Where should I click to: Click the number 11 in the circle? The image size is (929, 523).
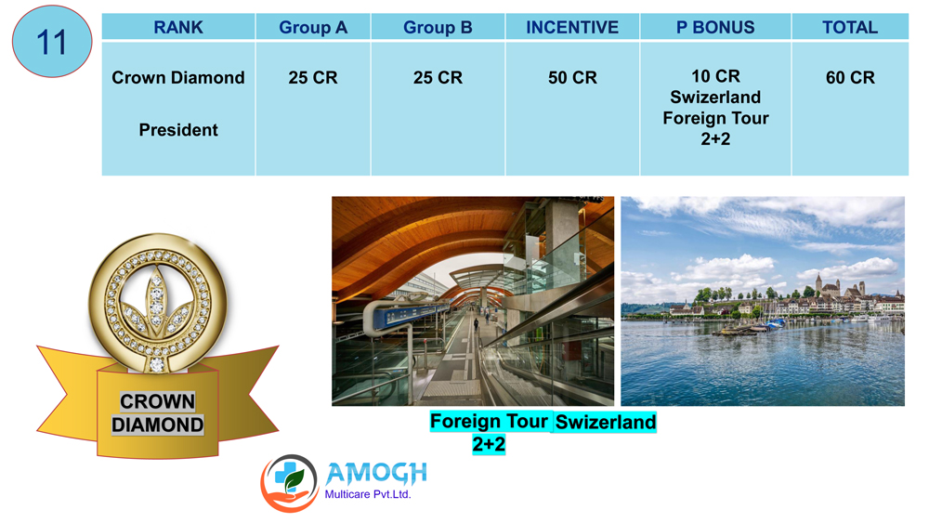(x=51, y=42)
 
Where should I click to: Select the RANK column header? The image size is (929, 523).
(x=178, y=27)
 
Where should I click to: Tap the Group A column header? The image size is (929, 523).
(x=313, y=27)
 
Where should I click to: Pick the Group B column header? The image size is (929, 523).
(x=438, y=27)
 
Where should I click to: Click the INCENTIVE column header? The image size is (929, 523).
(x=572, y=27)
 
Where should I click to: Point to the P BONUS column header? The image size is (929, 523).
(x=715, y=27)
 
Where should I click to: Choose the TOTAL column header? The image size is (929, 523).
(x=850, y=27)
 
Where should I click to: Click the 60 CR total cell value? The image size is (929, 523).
(x=850, y=78)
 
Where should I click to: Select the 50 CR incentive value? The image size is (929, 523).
(x=572, y=78)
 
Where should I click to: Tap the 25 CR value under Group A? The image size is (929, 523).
(x=313, y=78)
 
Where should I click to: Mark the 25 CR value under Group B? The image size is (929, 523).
(x=438, y=78)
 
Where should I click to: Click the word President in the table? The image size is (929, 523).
(x=178, y=130)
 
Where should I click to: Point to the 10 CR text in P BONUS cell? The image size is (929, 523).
(x=715, y=76)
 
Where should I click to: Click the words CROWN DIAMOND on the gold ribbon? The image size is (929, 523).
(x=158, y=412)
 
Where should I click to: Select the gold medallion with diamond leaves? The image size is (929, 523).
(x=158, y=303)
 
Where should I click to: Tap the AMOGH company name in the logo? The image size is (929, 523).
(x=376, y=473)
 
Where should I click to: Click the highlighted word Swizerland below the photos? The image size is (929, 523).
(x=606, y=422)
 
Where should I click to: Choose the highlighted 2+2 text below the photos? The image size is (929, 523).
(x=489, y=444)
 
